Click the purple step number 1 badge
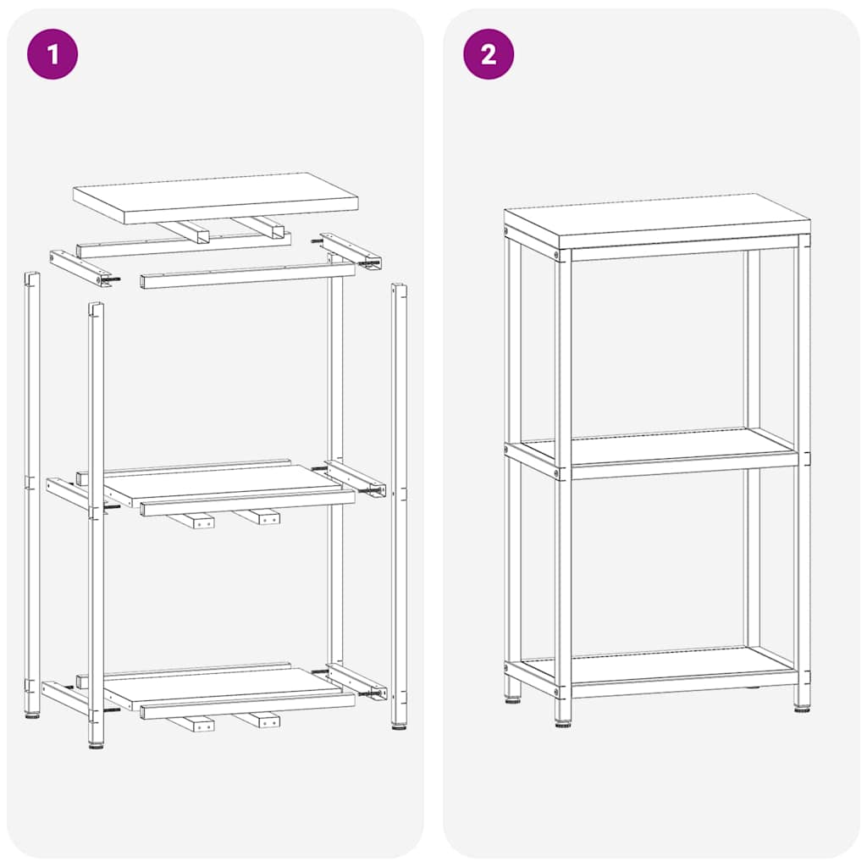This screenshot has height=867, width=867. tap(52, 54)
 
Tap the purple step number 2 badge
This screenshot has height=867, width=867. tap(489, 54)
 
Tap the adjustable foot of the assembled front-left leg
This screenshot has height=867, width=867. tap(563, 721)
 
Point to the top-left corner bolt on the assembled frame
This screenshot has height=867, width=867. tap(557, 255)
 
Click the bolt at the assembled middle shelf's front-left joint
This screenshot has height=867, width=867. tap(557, 473)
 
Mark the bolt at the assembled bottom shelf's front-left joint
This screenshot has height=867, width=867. tap(557, 692)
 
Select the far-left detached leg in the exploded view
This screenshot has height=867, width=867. tap(32, 491)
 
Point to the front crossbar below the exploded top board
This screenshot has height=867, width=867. tap(246, 275)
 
